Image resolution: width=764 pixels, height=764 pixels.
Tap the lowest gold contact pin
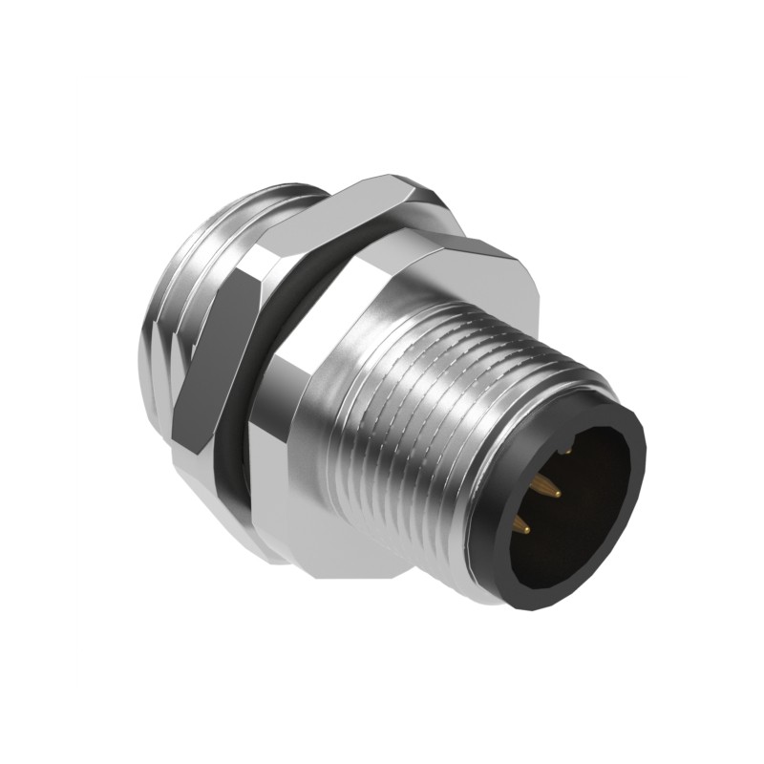(x=524, y=524)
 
